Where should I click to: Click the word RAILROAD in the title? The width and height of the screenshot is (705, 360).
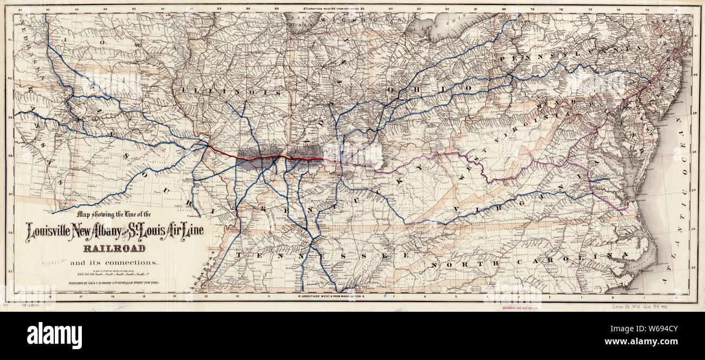[x=114, y=249]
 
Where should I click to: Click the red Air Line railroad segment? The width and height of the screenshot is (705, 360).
[x=260, y=158]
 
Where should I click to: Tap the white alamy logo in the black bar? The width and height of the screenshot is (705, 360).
[x=54, y=336]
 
